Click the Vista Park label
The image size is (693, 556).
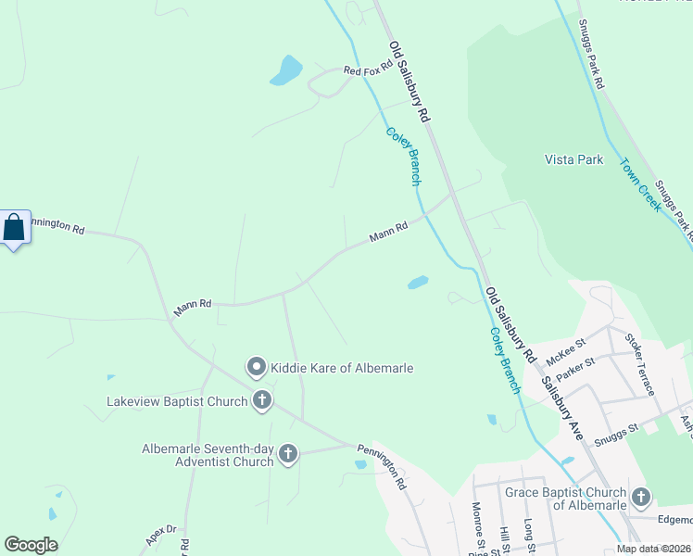pos(573,159)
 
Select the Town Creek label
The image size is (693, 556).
pos(641,183)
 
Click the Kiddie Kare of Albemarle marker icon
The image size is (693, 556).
pos(257,368)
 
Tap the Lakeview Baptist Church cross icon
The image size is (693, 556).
pos(262,401)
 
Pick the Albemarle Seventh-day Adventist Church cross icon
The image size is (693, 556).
pos(288,453)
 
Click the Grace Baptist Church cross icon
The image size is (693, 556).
pos(641,498)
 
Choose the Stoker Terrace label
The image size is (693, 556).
pos(640,363)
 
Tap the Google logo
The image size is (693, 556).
pos(31,545)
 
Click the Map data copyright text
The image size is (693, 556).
pos(653,549)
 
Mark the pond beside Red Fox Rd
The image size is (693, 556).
pos(286,69)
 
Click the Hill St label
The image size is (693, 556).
pos(505,538)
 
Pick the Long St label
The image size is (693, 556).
pos(530,534)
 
